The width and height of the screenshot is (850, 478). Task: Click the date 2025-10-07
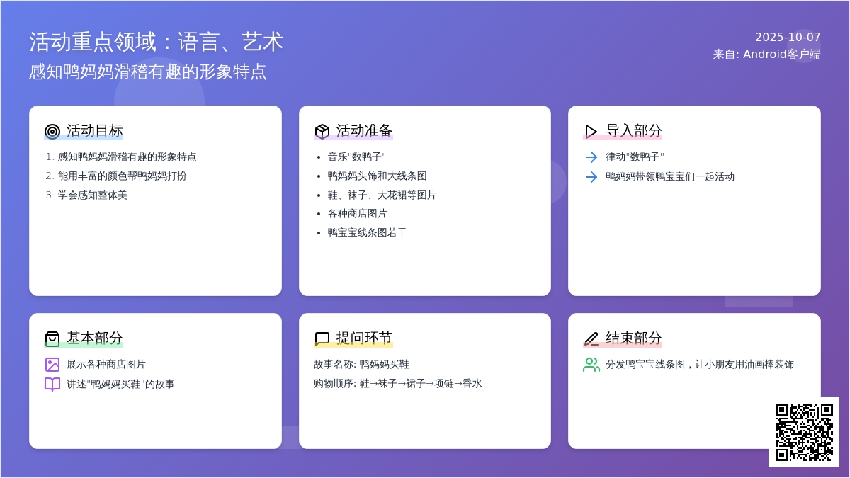click(x=788, y=37)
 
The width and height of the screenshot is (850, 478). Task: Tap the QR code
click(x=804, y=432)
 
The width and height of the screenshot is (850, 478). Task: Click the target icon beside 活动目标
click(x=52, y=131)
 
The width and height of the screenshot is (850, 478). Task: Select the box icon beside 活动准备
click(x=322, y=131)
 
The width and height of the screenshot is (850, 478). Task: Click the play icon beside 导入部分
click(x=591, y=131)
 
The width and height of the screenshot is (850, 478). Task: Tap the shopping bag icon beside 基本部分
click(x=52, y=338)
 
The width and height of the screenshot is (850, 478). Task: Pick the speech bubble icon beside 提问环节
click(x=322, y=338)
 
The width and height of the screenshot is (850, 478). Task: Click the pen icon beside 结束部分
click(x=591, y=338)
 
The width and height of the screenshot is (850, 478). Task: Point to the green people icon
click(x=591, y=365)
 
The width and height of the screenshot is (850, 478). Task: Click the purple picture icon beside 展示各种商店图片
click(x=52, y=365)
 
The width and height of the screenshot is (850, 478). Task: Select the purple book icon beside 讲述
click(x=52, y=385)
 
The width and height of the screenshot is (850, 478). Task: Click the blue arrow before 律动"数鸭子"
click(x=591, y=157)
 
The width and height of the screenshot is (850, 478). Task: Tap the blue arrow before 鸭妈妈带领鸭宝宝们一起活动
click(x=591, y=177)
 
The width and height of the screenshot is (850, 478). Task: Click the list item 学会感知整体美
click(x=92, y=195)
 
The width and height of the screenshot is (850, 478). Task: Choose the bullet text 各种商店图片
click(x=357, y=214)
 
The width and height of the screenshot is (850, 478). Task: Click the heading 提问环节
click(x=364, y=338)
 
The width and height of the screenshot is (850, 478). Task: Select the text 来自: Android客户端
click(x=766, y=55)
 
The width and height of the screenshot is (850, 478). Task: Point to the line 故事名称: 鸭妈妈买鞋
click(x=361, y=364)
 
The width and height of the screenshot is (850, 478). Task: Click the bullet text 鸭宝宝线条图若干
click(x=367, y=232)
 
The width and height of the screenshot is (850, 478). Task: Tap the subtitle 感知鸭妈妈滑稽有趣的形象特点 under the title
click(x=147, y=72)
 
